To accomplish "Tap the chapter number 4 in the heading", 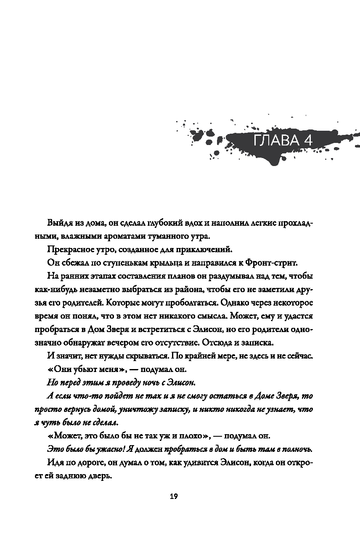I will [308, 140].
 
